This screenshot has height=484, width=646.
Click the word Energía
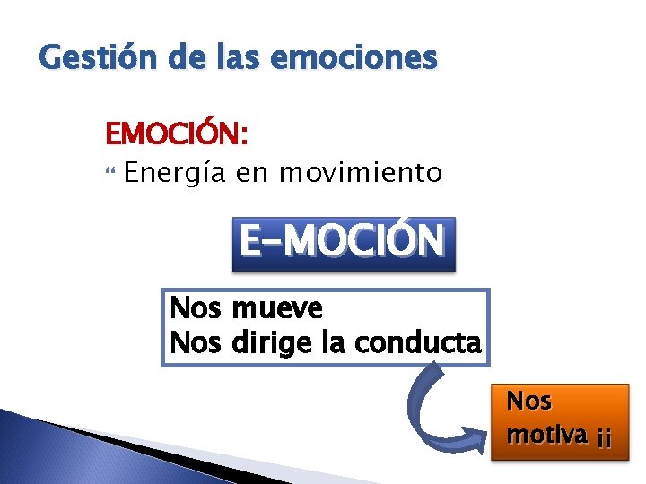(x=176, y=172)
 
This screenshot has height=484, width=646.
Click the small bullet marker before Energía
(x=111, y=172)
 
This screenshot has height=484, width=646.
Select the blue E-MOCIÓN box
(x=344, y=243)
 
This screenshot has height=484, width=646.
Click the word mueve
(x=277, y=309)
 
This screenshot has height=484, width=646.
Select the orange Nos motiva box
(x=559, y=421)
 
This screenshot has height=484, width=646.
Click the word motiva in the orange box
(x=547, y=435)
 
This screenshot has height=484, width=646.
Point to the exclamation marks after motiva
(x=604, y=437)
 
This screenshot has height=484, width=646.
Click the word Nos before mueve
(x=196, y=309)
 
